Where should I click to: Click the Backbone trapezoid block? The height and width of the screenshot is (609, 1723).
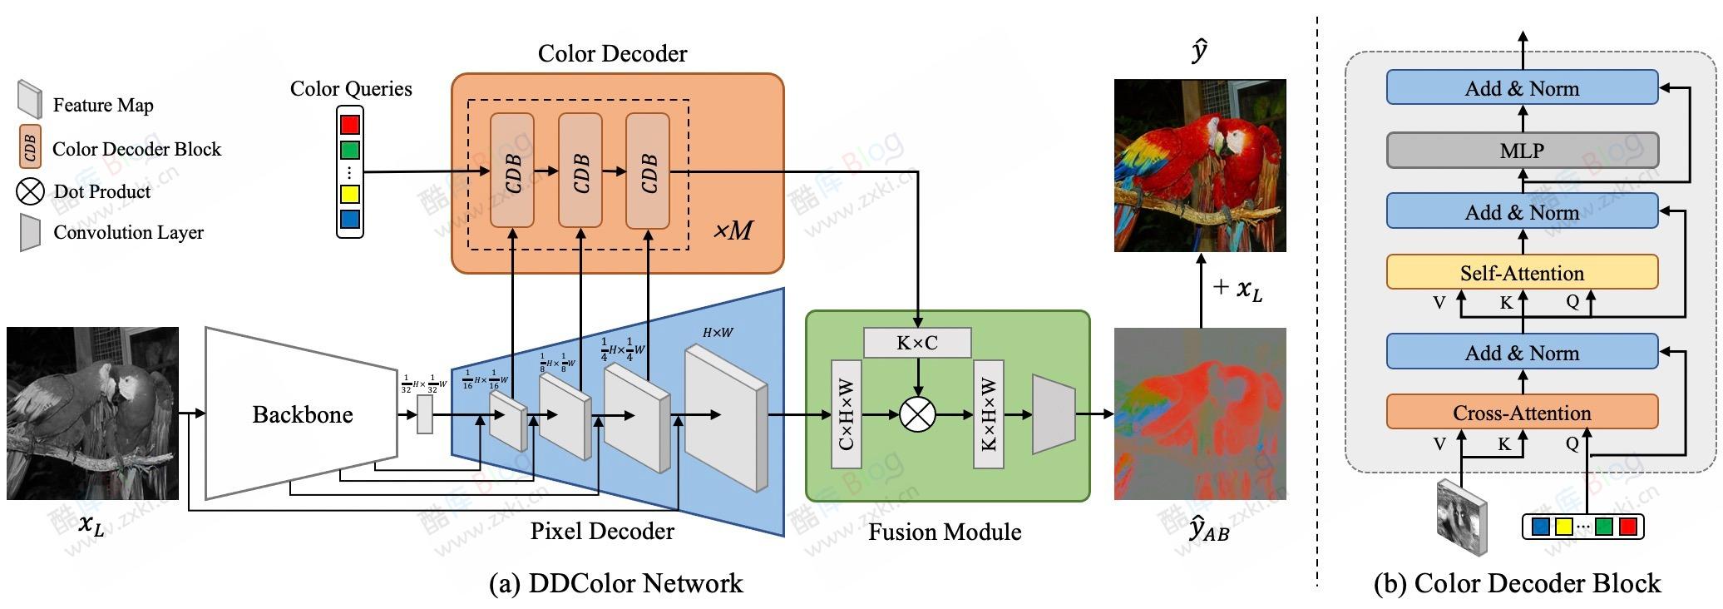click(x=302, y=414)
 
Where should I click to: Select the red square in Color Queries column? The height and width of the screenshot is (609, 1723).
click(x=350, y=125)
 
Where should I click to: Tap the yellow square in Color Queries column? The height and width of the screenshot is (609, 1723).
click(x=350, y=194)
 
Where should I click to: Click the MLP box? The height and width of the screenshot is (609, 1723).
click(x=1522, y=151)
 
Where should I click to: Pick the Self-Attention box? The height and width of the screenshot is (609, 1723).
click(x=1522, y=273)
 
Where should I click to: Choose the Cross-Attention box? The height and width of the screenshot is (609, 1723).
click(x=1522, y=413)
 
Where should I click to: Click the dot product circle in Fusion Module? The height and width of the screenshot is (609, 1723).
click(x=917, y=414)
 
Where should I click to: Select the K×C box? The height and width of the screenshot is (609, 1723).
click(x=917, y=343)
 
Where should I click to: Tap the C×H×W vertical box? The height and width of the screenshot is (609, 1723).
click(x=847, y=414)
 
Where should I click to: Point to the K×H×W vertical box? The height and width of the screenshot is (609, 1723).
click(x=989, y=414)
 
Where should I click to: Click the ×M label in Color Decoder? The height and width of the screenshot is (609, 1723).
click(x=733, y=230)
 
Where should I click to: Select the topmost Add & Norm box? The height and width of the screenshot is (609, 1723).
click(x=1522, y=88)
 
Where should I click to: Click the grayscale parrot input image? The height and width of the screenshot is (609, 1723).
click(x=92, y=413)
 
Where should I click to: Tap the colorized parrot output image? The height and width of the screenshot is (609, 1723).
click(x=1200, y=166)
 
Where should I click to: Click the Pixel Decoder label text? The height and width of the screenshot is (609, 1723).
click(x=602, y=531)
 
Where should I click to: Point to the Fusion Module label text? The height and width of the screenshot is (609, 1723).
click(x=945, y=532)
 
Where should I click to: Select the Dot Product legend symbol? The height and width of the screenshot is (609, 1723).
click(x=30, y=191)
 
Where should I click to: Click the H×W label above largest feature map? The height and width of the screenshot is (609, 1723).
click(x=718, y=333)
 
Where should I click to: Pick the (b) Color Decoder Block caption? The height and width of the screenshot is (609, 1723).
click(x=1517, y=583)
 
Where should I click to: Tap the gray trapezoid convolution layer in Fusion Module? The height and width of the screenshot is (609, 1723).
click(x=1053, y=414)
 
